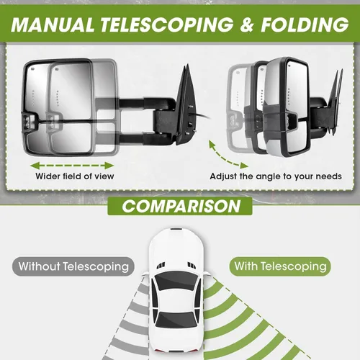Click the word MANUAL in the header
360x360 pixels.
pyautogui.click(x=53, y=24)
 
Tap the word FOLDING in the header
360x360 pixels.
pyautogui.click(x=305, y=24)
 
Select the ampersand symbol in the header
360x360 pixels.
pyautogui.click(x=247, y=24)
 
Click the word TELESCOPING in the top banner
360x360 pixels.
pyautogui.click(x=167, y=24)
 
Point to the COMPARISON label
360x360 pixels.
pyautogui.click(x=181, y=206)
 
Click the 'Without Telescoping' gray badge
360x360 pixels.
pyautogui.click(x=73, y=266)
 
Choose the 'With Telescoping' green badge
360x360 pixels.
pyautogui.click(x=280, y=266)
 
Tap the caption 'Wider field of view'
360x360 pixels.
pyautogui.click(x=75, y=176)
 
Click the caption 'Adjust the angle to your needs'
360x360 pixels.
pyautogui.click(x=276, y=176)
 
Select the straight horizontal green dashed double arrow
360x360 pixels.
pyautogui.click(x=72, y=166)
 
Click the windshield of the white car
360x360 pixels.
pyautogui.click(x=176, y=282)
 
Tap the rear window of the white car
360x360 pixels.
pyautogui.click(x=176, y=320)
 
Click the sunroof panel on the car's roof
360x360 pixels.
pyautogui.click(x=176, y=301)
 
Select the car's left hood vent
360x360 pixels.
pyautogui.click(x=161, y=265)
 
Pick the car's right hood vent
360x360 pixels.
pyautogui.click(x=192, y=265)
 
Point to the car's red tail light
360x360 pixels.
pyautogui.click(x=161, y=351)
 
